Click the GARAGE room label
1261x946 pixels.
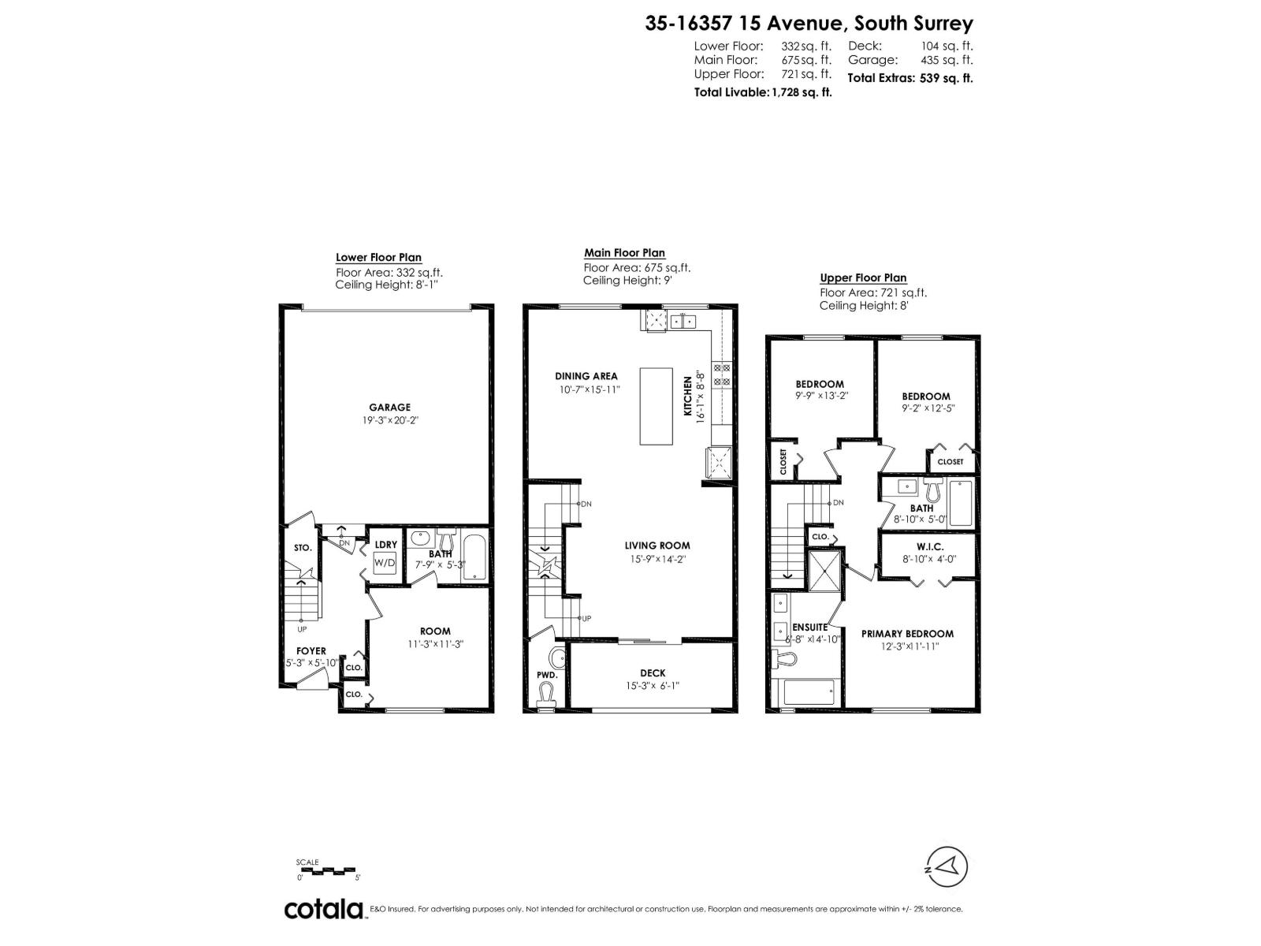tap(389, 408)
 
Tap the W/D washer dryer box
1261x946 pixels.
tap(385, 563)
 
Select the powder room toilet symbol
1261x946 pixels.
tap(545, 694)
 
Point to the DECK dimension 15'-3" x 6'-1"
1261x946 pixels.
tap(653, 686)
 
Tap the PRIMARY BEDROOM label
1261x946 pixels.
tap(907, 634)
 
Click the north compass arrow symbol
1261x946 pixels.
tap(945, 866)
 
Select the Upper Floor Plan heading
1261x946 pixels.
tap(863, 277)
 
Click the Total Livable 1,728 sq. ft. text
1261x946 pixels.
tap(762, 92)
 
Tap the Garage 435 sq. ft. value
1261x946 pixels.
tap(947, 60)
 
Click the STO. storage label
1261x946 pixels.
tap(303, 547)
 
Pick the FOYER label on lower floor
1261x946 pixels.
tap(311, 651)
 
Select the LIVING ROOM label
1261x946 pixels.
tap(657, 546)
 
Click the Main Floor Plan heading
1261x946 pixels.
tap(624, 253)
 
